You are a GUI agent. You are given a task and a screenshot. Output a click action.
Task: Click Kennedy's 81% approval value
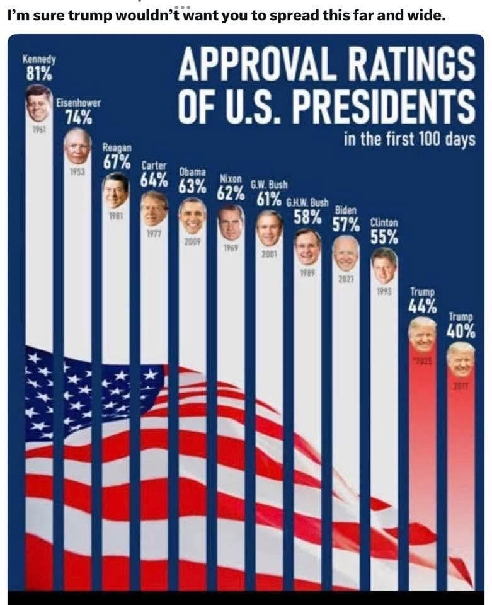(39, 74)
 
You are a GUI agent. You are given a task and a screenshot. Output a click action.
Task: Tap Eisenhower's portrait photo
(77, 146)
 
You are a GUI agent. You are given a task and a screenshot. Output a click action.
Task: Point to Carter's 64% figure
(154, 179)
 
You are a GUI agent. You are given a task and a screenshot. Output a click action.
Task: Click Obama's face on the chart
(192, 216)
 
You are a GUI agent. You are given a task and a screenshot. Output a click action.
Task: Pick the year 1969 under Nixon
(231, 248)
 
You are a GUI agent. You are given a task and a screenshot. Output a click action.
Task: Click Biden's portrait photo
(345, 253)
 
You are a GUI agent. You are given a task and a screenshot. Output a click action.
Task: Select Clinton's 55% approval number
(384, 237)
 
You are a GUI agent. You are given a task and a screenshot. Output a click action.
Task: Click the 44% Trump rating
(422, 306)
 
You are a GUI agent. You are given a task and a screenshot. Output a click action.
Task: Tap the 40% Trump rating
(461, 330)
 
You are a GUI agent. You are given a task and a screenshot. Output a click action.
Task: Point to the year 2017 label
(461, 386)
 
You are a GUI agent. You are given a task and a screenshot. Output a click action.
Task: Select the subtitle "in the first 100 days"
(409, 139)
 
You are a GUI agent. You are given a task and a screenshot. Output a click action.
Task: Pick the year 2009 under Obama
(192, 242)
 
